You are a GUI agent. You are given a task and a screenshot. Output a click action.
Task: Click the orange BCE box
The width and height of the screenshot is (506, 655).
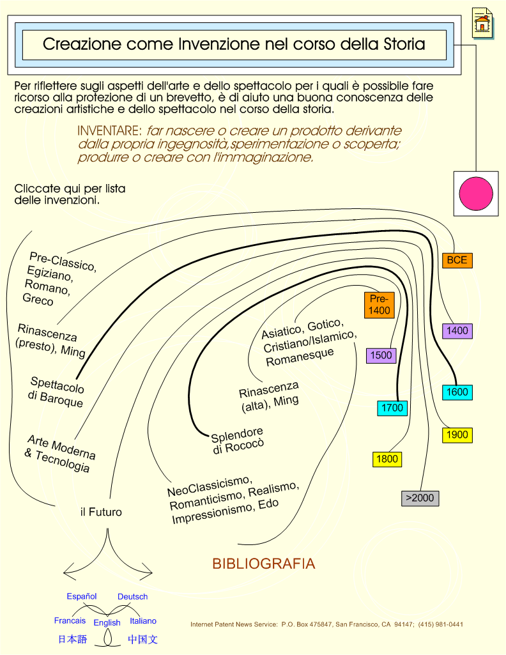click(x=457, y=260)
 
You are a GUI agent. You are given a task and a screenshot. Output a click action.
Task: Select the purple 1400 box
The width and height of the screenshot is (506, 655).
click(x=457, y=331)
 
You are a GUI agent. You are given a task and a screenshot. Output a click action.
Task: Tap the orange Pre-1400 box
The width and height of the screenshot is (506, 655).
click(x=379, y=305)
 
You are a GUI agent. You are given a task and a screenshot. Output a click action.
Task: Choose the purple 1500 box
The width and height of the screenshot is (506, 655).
click(x=381, y=355)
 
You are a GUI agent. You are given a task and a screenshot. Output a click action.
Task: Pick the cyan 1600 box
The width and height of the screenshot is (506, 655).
click(x=457, y=392)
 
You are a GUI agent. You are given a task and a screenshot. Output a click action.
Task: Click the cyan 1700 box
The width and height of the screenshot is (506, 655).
click(x=392, y=408)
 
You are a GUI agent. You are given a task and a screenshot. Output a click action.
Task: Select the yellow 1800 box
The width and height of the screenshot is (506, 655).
click(x=387, y=459)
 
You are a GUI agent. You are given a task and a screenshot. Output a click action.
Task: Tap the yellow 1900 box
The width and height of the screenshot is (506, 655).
click(x=457, y=435)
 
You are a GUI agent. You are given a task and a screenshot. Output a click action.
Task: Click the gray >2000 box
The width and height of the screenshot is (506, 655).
click(x=420, y=498)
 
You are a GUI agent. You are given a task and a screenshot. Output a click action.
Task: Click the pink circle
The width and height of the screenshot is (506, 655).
click(x=476, y=194)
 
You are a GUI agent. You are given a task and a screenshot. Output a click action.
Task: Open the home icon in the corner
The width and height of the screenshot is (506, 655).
click(x=482, y=24)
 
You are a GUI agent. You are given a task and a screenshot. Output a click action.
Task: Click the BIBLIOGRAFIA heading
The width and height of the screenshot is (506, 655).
click(x=263, y=564)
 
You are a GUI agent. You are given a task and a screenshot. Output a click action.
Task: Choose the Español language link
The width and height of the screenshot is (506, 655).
click(x=81, y=596)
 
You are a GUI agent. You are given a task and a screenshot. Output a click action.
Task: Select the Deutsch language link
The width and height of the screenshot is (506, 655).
click(x=132, y=596)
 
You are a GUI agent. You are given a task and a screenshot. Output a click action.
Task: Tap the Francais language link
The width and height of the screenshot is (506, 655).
click(x=70, y=620)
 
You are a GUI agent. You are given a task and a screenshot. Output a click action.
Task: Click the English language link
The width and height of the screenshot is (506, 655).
click(x=107, y=623)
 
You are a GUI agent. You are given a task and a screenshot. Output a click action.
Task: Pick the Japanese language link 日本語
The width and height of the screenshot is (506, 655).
click(x=72, y=639)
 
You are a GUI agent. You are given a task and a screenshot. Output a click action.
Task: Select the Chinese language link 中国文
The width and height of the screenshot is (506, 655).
click(x=142, y=639)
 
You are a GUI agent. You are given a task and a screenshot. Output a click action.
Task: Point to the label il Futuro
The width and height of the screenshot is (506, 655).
click(x=101, y=512)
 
